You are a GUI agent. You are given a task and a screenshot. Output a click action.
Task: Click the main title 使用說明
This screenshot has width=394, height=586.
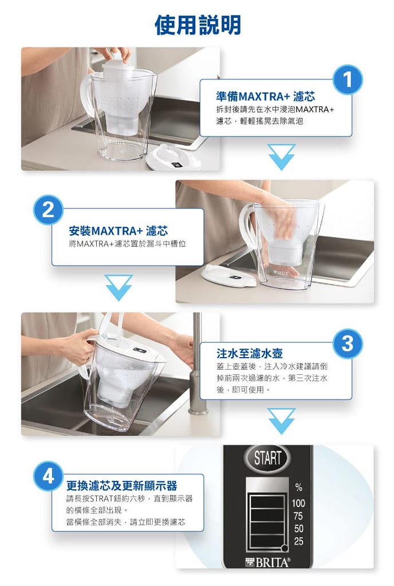click(198, 25)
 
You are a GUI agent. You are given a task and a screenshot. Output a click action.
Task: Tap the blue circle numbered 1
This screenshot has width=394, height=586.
click(348, 80)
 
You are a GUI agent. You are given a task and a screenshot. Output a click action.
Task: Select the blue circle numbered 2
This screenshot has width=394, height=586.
click(48, 210)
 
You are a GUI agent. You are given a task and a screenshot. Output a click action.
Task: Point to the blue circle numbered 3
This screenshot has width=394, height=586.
click(348, 343)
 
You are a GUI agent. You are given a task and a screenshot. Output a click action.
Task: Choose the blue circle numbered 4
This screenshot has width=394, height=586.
click(48, 477)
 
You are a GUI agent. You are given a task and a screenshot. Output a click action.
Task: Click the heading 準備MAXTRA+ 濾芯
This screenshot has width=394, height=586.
click(265, 97)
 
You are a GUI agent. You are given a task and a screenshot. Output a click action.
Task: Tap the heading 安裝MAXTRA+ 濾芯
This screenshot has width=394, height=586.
click(118, 231)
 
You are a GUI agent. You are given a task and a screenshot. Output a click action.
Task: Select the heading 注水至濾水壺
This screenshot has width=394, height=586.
click(249, 353)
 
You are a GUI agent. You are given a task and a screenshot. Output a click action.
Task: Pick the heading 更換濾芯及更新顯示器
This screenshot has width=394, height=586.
click(121, 485)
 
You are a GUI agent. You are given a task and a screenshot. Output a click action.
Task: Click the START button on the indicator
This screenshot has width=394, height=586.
click(267, 458)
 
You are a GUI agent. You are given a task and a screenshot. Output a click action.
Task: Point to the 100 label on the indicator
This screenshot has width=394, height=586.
click(298, 503)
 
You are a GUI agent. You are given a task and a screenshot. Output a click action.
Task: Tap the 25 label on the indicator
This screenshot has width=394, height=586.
click(298, 541)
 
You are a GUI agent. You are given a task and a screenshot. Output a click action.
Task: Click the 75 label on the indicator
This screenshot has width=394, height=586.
click(298, 516)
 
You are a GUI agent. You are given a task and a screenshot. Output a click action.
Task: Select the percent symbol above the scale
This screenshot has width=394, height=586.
click(298, 487)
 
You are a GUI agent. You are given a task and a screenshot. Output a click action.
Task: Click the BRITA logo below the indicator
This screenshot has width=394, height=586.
click(267, 563)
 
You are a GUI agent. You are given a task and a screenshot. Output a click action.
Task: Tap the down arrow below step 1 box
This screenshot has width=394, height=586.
click(282, 157)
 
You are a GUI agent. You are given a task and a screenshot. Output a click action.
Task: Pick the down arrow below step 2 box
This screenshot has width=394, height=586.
click(119, 288)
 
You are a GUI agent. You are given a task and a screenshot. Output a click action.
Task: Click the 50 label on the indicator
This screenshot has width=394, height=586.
click(298, 528)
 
